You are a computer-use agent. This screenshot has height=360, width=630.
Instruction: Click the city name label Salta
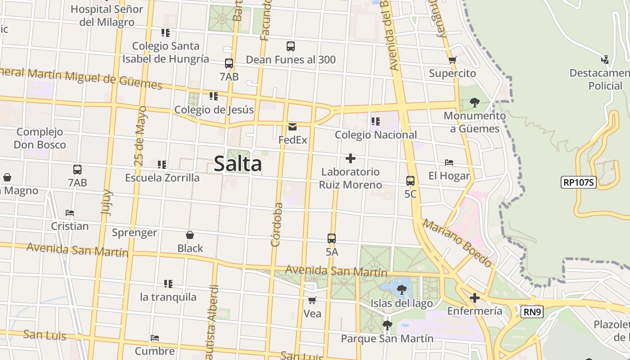coord(238,164)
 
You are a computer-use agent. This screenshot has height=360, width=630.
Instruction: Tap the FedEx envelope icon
coord(292,127)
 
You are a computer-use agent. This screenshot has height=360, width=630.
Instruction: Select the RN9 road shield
coord(531,312)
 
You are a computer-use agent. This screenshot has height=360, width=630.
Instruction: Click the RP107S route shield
coord(579,182)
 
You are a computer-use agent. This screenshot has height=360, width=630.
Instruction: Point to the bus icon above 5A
coord(332,238)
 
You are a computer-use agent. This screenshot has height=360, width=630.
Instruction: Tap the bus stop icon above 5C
coord(410,181)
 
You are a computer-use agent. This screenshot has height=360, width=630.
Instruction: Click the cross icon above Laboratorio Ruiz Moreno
coord(351,158)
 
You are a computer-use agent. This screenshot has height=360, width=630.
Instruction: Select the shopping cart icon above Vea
coord(312,300)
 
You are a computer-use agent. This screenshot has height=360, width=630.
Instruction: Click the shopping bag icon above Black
coord(190,235)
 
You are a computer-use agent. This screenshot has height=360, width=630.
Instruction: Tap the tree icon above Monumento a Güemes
coord(474,103)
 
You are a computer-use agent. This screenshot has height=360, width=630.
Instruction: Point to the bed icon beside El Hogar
coord(449,162)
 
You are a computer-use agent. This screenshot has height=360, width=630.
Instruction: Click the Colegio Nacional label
coord(376,135)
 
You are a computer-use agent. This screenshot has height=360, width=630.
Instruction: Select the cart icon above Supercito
coord(452,60)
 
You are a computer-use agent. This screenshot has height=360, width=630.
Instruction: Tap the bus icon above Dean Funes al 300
coord(291,46)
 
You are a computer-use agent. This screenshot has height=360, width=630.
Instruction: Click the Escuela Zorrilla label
coord(162,178)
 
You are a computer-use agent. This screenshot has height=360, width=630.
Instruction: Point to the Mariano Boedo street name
coord(456,243)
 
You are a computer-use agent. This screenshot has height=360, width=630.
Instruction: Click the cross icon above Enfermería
coord(474,298)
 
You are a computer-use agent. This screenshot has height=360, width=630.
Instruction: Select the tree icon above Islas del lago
coord(401,290)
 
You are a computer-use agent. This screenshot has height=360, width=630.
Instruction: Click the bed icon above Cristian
coord(69,213)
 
